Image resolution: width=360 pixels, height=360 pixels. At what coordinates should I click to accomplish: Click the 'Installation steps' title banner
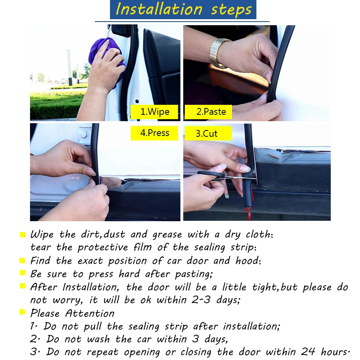(183, 10)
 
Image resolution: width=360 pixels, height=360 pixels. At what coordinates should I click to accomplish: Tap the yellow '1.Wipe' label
(154, 112)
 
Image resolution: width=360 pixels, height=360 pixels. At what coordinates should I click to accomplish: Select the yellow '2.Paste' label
(208, 112)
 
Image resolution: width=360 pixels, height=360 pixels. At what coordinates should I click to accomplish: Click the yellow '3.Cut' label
(208, 133)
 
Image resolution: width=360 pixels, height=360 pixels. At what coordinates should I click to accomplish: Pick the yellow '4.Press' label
(154, 133)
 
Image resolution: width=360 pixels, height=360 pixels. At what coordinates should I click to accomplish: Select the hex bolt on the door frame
(84, 133)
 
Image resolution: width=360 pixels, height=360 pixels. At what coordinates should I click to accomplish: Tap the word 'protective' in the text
(103, 248)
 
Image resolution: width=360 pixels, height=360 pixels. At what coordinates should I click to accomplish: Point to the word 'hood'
(247, 260)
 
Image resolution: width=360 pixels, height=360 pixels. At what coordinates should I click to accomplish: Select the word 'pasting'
(193, 274)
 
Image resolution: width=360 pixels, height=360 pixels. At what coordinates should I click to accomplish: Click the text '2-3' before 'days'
(201, 300)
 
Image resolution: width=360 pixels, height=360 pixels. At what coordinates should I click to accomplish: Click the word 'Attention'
(90, 313)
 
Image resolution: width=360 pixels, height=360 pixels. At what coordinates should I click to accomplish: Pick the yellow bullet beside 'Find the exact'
(22, 260)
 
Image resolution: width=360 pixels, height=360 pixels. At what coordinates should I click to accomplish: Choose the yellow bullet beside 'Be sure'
(22, 272)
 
